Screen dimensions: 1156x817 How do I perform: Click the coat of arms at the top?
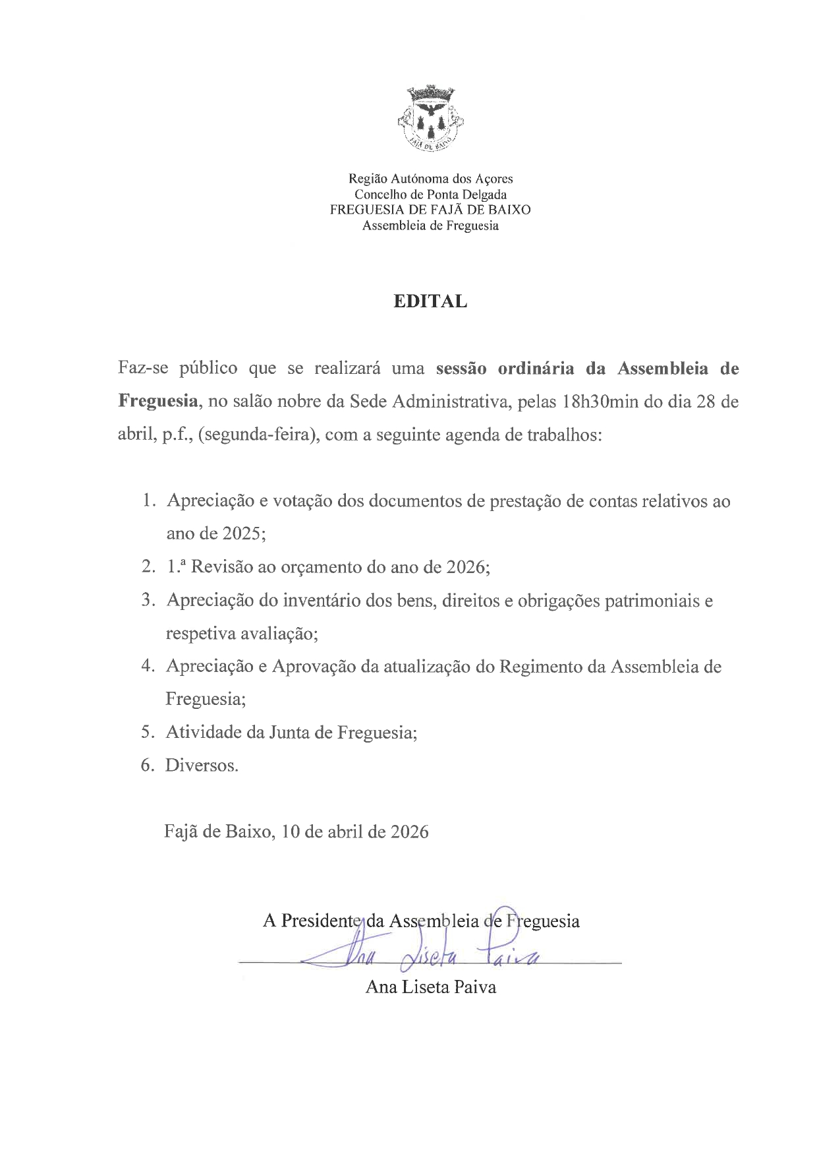click(431, 119)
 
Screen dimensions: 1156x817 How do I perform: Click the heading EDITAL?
click(430, 301)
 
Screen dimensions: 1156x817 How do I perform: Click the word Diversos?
click(202, 766)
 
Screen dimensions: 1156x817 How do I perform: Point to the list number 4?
click(148, 667)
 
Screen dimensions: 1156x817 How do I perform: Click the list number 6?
click(148, 766)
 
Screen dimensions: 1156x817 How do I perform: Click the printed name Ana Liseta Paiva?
click(430, 987)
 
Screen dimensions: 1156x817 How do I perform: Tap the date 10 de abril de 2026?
click(354, 832)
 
